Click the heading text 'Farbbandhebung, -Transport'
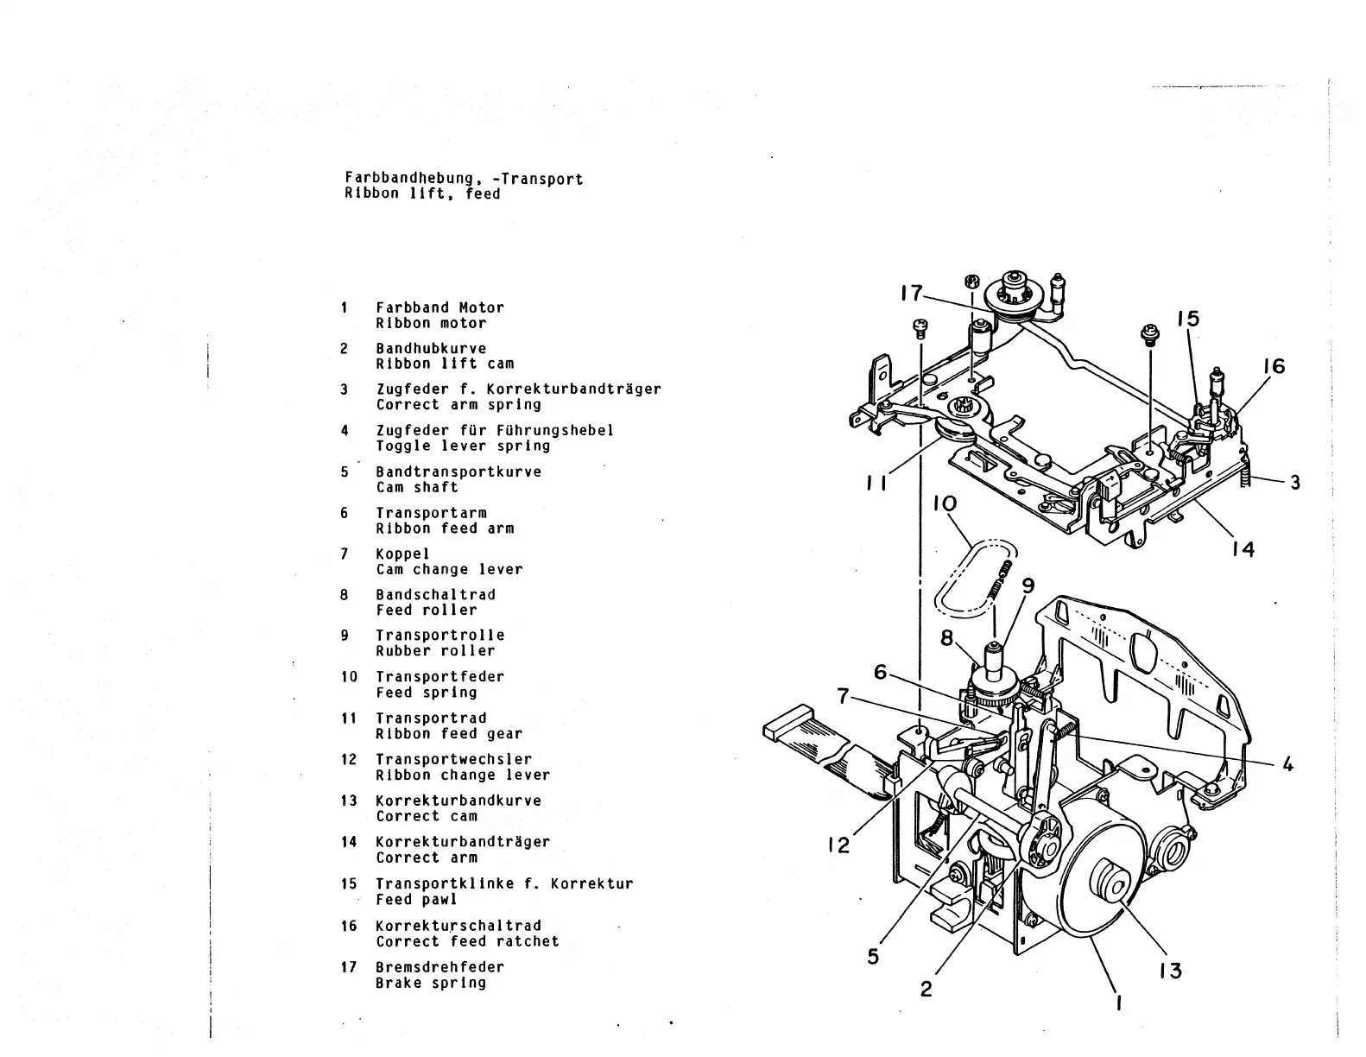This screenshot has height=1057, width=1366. [x=464, y=179]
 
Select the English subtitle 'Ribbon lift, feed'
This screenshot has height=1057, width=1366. [x=422, y=194]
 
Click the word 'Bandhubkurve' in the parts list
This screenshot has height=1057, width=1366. [x=431, y=348]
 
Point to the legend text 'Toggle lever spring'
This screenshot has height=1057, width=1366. [x=463, y=446]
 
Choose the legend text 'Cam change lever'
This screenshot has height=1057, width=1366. [x=449, y=569]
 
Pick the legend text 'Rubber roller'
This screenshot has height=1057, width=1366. [x=435, y=651]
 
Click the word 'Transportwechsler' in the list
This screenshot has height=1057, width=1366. [x=454, y=759]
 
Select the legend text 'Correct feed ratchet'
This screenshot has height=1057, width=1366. [x=467, y=941]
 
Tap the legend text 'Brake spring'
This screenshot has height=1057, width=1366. [x=431, y=983]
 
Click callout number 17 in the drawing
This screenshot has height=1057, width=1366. [x=911, y=294]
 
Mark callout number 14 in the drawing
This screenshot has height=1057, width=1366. [x=1243, y=548]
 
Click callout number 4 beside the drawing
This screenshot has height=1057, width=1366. [x=1287, y=764]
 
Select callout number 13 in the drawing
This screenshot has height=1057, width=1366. [x=1170, y=971]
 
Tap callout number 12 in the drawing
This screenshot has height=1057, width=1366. [x=838, y=845]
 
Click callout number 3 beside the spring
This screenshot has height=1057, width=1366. [x=1294, y=484]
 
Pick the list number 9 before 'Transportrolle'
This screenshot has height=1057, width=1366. [x=345, y=636]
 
